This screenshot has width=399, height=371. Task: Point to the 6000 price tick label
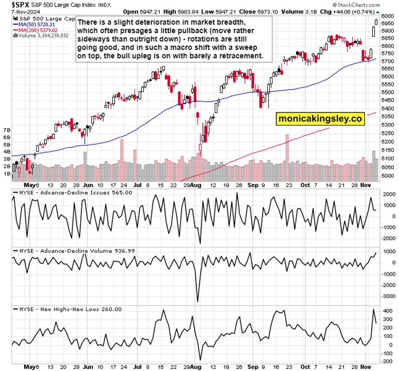[387, 16]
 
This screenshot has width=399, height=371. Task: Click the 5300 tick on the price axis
[387, 125]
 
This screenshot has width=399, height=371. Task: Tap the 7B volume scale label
[7, 130]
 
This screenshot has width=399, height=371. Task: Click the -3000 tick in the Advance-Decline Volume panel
[387, 296]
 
